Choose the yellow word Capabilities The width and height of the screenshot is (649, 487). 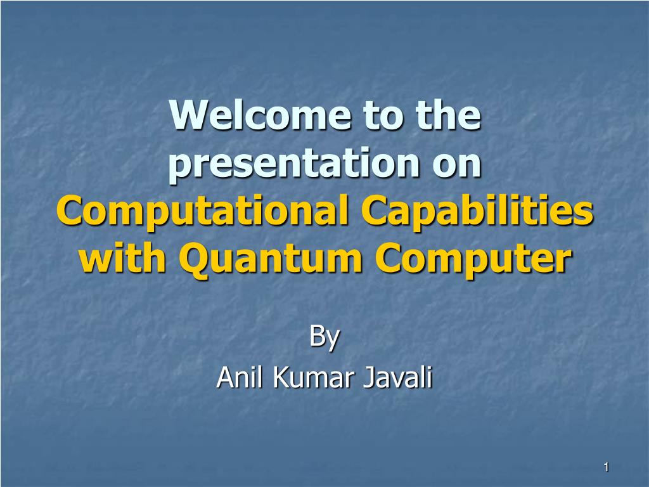(477, 212)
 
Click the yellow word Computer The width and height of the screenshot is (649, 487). (473, 259)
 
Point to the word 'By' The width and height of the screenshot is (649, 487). (324, 338)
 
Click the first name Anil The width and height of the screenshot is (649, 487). (240, 377)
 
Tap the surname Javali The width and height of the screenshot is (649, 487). (398, 377)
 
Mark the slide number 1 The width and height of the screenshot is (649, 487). (607, 467)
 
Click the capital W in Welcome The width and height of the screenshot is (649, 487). (190, 115)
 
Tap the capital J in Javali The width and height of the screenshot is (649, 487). (369, 378)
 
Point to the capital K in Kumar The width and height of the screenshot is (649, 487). (281, 378)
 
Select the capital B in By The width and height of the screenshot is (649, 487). (317, 336)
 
